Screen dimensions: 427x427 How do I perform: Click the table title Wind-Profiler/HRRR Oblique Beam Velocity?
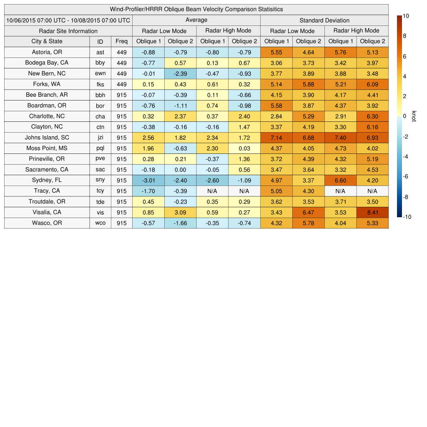[x=196, y=9]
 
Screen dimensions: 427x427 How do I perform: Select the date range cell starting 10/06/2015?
[x=68, y=20]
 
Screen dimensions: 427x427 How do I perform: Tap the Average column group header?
[x=196, y=20]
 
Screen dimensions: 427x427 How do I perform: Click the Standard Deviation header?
[x=324, y=20]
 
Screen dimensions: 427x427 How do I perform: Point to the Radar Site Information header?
[x=68, y=31]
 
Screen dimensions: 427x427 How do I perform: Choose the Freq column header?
[x=122, y=41]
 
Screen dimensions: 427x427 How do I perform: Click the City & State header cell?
[x=47, y=41]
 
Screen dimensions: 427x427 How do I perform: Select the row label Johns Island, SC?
[x=47, y=138]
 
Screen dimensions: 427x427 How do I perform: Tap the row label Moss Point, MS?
[x=47, y=148]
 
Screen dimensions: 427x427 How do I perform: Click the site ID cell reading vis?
[x=100, y=212]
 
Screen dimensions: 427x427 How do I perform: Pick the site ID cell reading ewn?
[x=100, y=73]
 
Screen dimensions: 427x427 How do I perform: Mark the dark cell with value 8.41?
[x=372, y=212]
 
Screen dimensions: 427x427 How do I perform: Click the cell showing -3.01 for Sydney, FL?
[x=148, y=180]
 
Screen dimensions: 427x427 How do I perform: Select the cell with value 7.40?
[x=340, y=138]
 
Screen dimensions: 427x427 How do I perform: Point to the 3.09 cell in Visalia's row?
[x=181, y=212]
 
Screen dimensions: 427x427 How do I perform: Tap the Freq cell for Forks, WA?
[x=122, y=84]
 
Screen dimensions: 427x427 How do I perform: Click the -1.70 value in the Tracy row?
[x=148, y=191]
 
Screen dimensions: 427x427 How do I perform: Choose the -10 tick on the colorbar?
[x=408, y=217]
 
